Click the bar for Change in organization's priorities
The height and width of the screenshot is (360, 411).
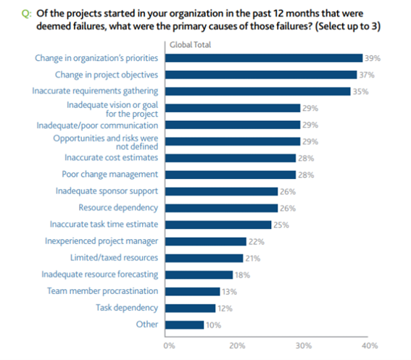pyautogui.click(x=264, y=58)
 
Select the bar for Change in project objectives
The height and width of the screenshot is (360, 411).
pyautogui.click(x=261, y=75)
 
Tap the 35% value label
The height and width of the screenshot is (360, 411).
pyautogui.click(x=361, y=91)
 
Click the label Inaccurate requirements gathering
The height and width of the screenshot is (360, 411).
pyautogui.click(x=95, y=91)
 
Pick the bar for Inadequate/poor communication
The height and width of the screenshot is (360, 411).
pyautogui.click(x=233, y=125)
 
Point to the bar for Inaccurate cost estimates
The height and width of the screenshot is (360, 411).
pyautogui.click(x=231, y=158)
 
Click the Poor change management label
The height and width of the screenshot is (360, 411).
pyautogui.click(x=110, y=175)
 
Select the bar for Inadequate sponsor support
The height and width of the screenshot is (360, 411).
pyautogui.click(x=222, y=191)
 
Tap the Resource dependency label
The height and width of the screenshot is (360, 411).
pyautogui.click(x=118, y=208)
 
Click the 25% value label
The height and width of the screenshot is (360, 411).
pyautogui.click(x=281, y=225)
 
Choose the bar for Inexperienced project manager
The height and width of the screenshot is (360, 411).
pyautogui.click(x=206, y=242)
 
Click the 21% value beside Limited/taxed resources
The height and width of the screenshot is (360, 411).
pyautogui.click(x=253, y=259)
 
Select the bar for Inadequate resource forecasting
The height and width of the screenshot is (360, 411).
pyautogui.click(x=199, y=275)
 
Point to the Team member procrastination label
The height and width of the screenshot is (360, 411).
pyautogui.click(x=102, y=291)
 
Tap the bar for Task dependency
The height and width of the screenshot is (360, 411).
pyautogui.click(x=191, y=308)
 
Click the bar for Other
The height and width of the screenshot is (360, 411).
pyautogui.click(x=185, y=325)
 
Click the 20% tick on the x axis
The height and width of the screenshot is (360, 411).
pyautogui.click(x=237, y=346)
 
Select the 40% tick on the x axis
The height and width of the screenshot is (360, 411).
pyautogui.click(x=370, y=346)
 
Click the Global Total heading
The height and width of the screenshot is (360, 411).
pyautogui.click(x=191, y=45)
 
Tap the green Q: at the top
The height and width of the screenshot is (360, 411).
pyautogui.click(x=27, y=14)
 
